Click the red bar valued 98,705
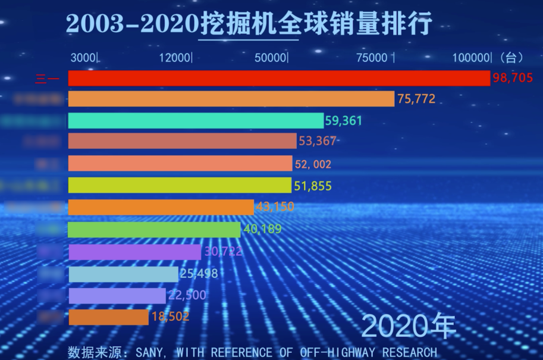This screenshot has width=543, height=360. point(280,78)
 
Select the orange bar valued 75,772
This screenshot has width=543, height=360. point(231,99)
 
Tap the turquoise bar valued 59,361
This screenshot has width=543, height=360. point(196,121)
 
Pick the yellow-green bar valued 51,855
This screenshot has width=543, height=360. point(180,185)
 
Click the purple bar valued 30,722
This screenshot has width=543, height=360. point(135,252)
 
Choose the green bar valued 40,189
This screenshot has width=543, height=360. point(155,230)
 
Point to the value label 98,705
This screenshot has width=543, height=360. point(516,78)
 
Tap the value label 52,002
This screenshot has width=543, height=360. point(313,164)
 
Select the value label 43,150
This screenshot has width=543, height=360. point(275,207)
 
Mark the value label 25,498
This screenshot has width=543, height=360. point(199,274)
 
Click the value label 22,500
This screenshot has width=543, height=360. point(187,296)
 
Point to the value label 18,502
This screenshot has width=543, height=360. point(170,317)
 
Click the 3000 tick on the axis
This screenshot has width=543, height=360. point(83,58)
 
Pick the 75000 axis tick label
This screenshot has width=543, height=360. point(372,58)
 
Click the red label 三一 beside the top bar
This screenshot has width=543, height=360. point(48,79)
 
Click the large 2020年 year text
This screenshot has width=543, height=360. point(409,327)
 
